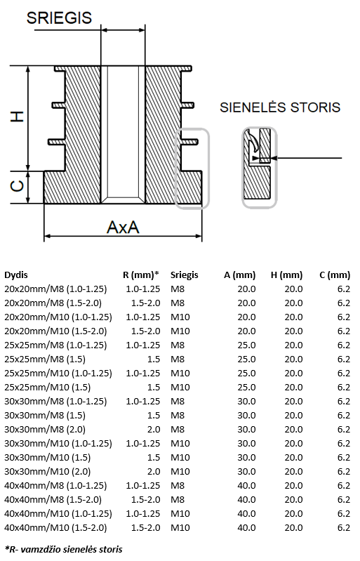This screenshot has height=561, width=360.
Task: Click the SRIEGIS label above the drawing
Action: coord(60,18)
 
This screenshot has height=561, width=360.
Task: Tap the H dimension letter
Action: coord(17,117)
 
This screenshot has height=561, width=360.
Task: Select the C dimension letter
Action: coord(17,186)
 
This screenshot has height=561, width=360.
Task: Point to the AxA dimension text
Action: coord(123,227)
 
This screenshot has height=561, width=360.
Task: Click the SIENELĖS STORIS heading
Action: coord(280,107)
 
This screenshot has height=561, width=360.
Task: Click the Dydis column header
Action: coord(16,275)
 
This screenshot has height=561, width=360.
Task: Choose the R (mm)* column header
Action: coord(141,275)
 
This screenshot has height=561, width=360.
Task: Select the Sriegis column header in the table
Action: coord(184,275)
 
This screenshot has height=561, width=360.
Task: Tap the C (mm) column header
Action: coord(335,275)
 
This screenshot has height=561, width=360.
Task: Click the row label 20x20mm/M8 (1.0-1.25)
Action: coord(55,289)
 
